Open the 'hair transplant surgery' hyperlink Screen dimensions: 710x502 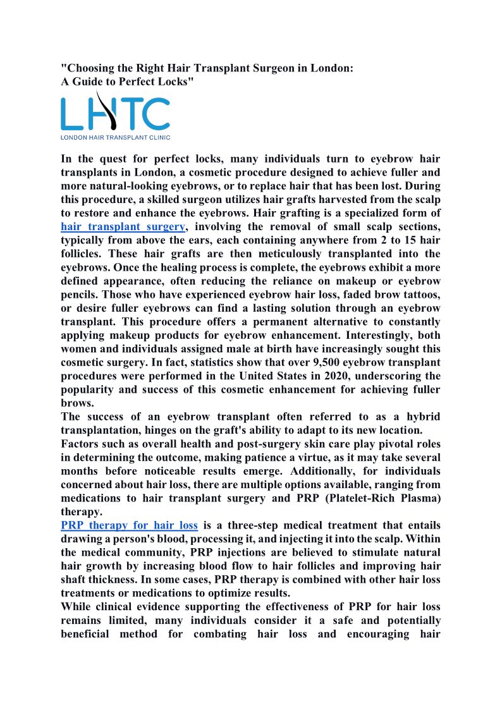coord(123,227)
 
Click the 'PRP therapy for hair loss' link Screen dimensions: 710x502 coord(129,525)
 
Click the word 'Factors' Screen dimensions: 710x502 coord(82,444)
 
